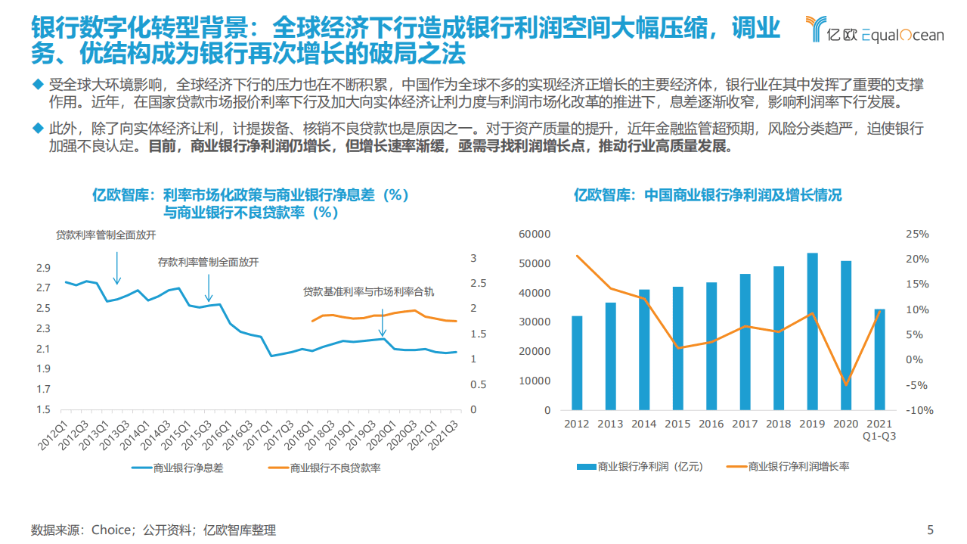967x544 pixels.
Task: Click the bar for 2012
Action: tap(577, 362)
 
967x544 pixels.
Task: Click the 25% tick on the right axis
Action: tap(918, 235)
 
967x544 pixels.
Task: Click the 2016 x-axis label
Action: tap(711, 424)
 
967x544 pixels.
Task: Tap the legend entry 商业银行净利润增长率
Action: tap(798, 467)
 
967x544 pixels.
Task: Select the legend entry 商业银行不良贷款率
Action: tap(335, 468)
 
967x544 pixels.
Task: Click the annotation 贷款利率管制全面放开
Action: tap(106, 235)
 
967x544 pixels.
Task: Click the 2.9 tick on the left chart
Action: tap(42, 268)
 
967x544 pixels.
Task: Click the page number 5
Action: tap(930, 530)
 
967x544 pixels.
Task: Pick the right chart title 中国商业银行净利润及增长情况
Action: tap(707, 195)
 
